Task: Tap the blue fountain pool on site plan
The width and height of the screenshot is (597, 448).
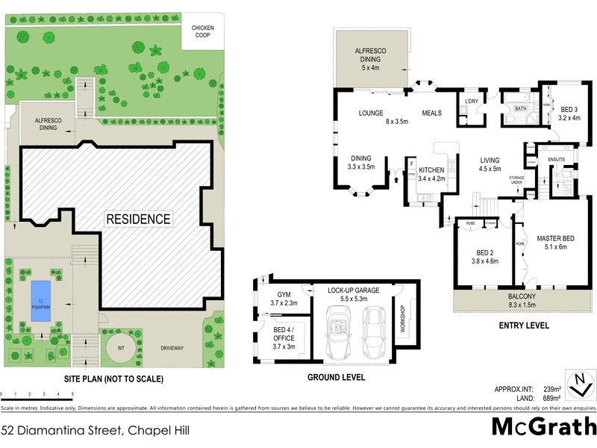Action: point(40,302)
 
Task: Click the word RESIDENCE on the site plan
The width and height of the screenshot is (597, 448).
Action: point(138,220)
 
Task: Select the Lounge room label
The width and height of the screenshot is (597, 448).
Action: point(360,113)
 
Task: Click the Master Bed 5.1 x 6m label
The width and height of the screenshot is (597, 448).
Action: point(554,243)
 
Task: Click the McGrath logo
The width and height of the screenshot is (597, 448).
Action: point(543,427)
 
